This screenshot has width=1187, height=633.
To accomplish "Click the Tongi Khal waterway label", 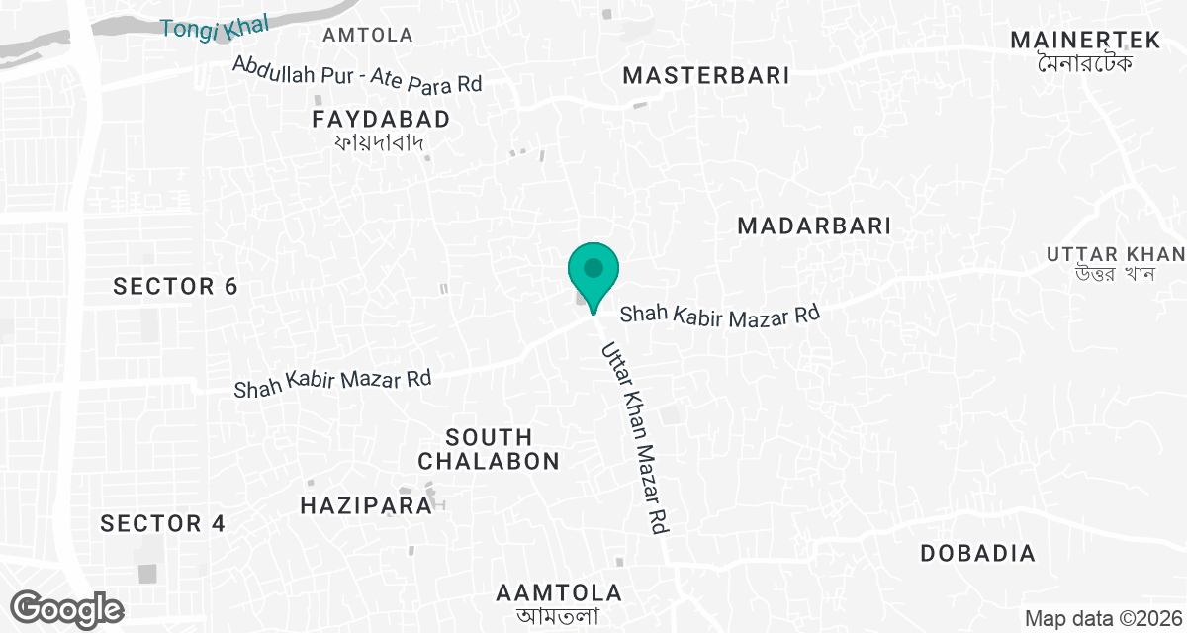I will click(208, 27).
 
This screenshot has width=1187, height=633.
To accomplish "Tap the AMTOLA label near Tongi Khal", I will click(368, 36).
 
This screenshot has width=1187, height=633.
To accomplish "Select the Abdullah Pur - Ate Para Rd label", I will click(357, 74).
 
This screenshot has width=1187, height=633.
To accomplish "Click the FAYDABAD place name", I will click(381, 120).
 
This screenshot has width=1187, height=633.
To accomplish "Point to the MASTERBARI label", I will click(706, 76).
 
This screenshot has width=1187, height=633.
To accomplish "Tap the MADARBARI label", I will click(814, 226).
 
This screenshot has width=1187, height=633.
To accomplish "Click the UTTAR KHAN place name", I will click(1115, 254).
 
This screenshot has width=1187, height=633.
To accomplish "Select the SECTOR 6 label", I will click(175, 287).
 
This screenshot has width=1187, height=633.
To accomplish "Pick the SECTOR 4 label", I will click(163, 524).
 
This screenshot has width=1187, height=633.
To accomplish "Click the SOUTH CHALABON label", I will click(489, 449).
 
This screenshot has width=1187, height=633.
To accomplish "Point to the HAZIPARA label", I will click(366, 505).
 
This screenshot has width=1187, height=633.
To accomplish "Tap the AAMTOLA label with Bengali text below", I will click(559, 593).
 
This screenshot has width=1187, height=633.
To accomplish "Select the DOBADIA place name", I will click(977, 554).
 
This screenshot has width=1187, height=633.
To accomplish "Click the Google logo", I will click(68, 608).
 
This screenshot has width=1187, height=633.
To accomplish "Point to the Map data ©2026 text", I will click(1103, 619).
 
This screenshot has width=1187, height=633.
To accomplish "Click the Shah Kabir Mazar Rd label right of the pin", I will click(721, 315).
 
